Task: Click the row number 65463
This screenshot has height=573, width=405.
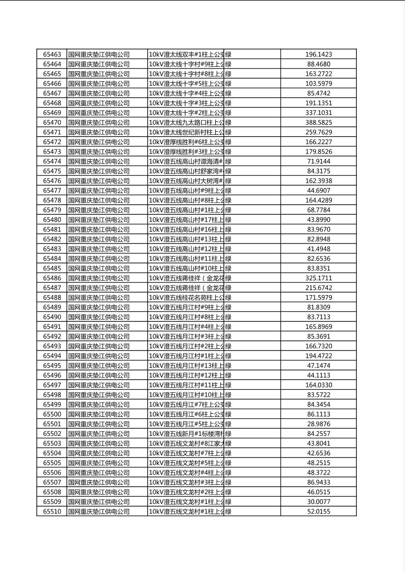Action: tap(52, 54)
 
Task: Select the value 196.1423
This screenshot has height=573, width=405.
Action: tap(318, 54)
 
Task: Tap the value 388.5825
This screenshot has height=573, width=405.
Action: tap(318, 123)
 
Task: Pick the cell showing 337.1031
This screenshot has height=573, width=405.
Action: tap(318, 113)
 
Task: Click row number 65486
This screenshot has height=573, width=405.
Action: tap(52, 278)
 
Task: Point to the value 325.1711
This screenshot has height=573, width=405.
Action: tap(318, 278)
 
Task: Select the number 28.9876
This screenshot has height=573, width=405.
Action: tap(318, 424)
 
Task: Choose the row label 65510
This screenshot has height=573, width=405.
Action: tap(52, 512)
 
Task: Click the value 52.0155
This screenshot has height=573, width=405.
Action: tap(318, 512)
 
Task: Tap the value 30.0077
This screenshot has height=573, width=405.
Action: tap(318, 502)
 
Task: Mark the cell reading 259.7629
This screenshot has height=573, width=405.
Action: tap(318, 132)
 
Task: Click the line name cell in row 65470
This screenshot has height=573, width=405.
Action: tap(186, 123)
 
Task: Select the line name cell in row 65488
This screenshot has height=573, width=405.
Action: tap(186, 297)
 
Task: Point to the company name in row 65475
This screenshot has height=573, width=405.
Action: tap(99, 171)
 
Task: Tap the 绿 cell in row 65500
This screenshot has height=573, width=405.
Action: tap(228, 414)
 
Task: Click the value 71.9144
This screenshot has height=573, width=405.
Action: tap(318, 161)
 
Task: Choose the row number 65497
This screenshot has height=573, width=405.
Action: tap(52, 385)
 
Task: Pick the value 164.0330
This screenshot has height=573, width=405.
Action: tap(318, 385)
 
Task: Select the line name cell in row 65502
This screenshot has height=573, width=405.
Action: tap(186, 434)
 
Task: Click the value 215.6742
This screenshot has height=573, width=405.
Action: tap(318, 288)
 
